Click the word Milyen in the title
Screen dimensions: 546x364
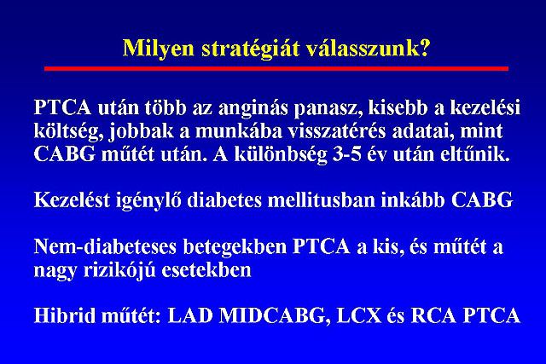coord(158,49)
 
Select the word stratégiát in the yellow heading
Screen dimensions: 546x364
coord(250,49)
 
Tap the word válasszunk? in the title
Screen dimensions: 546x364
coord(369,48)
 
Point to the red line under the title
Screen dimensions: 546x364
coord(276,68)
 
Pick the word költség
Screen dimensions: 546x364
coord(68,132)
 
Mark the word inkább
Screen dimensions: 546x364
coord(413,199)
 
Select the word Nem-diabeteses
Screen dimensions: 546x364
coord(105,246)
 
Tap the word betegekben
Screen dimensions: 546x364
coord(235,246)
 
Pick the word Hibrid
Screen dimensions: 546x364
coord(64,316)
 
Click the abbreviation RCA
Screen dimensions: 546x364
coord(433,316)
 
